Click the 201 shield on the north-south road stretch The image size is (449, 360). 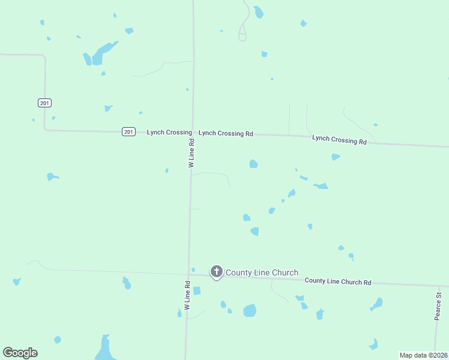pyautogui.click(x=44, y=103)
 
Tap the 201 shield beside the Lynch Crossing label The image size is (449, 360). pyautogui.click(x=128, y=132)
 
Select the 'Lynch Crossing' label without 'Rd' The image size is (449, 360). pyautogui.click(x=169, y=132)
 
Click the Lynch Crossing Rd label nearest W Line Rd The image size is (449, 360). pyautogui.click(x=226, y=134)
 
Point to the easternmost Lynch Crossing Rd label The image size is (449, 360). pyautogui.click(x=339, y=140)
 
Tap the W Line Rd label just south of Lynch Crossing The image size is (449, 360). pyautogui.click(x=191, y=154)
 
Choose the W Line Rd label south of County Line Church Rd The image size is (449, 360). pyautogui.click(x=187, y=295)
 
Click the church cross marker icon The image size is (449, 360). pyautogui.click(x=216, y=272)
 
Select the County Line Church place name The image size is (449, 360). pyautogui.click(x=262, y=272)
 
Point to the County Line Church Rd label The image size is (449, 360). pyautogui.click(x=338, y=281)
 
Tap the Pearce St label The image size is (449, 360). pyautogui.click(x=438, y=305)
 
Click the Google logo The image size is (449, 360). pyautogui.click(x=20, y=353)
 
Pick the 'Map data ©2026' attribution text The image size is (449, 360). pyautogui.click(x=423, y=355)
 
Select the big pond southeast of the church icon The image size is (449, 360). pyautogui.click(x=250, y=310)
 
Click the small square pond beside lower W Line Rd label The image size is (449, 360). pyautogui.click(x=197, y=291)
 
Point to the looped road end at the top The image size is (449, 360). pyautogui.click(x=243, y=35)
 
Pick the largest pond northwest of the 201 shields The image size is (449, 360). pyautogui.click(x=100, y=53)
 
